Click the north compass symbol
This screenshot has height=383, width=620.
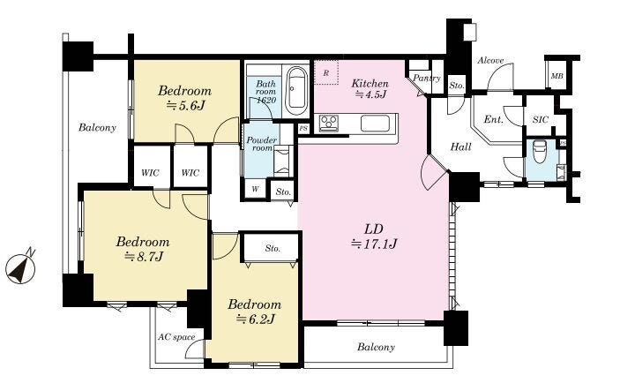(x=20, y=268)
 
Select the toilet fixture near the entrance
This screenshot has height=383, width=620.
(x=539, y=151)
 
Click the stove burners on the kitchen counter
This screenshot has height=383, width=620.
(x=329, y=123)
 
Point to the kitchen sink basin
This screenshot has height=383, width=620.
(x=375, y=123)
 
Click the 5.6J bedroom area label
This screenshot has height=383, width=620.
(x=184, y=106)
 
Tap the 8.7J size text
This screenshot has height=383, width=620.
(x=144, y=257)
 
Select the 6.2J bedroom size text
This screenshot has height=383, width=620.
(x=255, y=319)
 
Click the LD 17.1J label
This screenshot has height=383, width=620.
(x=374, y=237)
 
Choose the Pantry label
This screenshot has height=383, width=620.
(x=427, y=78)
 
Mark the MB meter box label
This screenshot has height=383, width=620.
(x=557, y=76)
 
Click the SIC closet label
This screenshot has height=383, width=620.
(x=540, y=119)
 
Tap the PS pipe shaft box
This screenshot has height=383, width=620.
(x=303, y=129)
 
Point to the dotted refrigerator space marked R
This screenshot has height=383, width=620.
(x=326, y=72)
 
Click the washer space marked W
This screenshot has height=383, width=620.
(x=256, y=189)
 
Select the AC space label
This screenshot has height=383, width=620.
(x=176, y=337)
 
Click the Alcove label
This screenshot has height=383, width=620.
(x=490, y=61)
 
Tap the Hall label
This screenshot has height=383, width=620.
(x=460, y=146)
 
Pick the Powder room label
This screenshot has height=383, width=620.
(x=261, y=144)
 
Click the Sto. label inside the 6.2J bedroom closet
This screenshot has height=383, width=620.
(x=273, y=249)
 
